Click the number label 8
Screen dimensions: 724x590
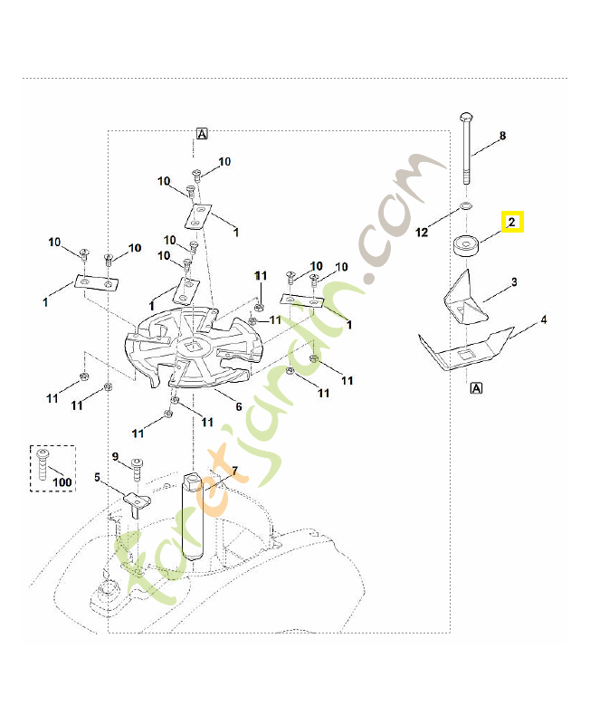502,136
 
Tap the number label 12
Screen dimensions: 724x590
422,233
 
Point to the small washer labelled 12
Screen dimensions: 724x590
465,208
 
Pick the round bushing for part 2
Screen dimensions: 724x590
466,244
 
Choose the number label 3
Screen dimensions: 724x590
514,282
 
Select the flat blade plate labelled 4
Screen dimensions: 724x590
466,348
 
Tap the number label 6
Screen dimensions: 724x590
239,406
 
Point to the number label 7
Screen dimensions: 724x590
233,472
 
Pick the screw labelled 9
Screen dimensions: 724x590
137,469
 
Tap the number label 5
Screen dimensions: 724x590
98,477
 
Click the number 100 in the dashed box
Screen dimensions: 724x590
62,482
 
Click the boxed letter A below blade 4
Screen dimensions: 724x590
475,388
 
